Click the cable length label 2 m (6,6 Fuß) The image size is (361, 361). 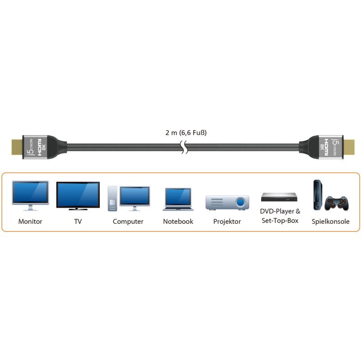pos(186,133)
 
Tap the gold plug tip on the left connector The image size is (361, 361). pos(17,147)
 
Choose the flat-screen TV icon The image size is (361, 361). pos(78,195)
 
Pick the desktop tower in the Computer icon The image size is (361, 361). pos(112,198)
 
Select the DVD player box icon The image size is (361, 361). pos(280,197)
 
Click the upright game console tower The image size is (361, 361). pos(317,196)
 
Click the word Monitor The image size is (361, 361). pos(30,222)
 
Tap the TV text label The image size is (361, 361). pos(78,222)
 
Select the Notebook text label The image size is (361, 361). pos(178,222)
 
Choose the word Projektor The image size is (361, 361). pos(227,222)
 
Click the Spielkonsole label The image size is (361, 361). pos(330,222)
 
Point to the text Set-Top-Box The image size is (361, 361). pos(280,221)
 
